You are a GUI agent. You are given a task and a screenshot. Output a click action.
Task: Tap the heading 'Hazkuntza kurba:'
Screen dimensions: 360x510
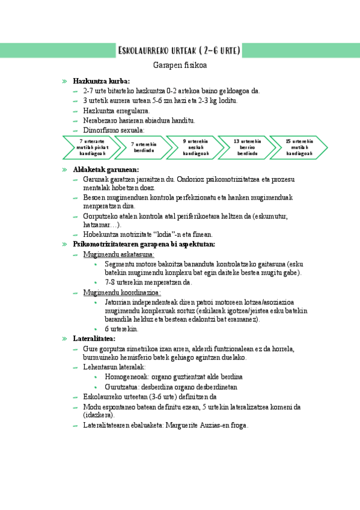101,81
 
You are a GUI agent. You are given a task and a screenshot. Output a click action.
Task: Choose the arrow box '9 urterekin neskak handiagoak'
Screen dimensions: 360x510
195,148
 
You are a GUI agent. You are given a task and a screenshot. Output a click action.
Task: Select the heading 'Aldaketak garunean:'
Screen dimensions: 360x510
106,170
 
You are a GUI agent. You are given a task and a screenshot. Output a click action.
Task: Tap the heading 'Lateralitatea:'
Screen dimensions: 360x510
94,339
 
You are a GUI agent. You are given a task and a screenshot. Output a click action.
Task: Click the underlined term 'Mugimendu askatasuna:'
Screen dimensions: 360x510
118,254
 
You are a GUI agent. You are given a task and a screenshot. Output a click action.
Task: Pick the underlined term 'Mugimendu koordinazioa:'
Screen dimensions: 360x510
122,292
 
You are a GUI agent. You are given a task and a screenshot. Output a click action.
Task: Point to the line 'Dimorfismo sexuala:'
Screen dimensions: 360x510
114,130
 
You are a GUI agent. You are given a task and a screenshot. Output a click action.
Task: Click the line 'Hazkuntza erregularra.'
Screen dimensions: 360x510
117,111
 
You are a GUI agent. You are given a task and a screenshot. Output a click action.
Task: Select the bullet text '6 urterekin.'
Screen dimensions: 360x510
121,329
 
